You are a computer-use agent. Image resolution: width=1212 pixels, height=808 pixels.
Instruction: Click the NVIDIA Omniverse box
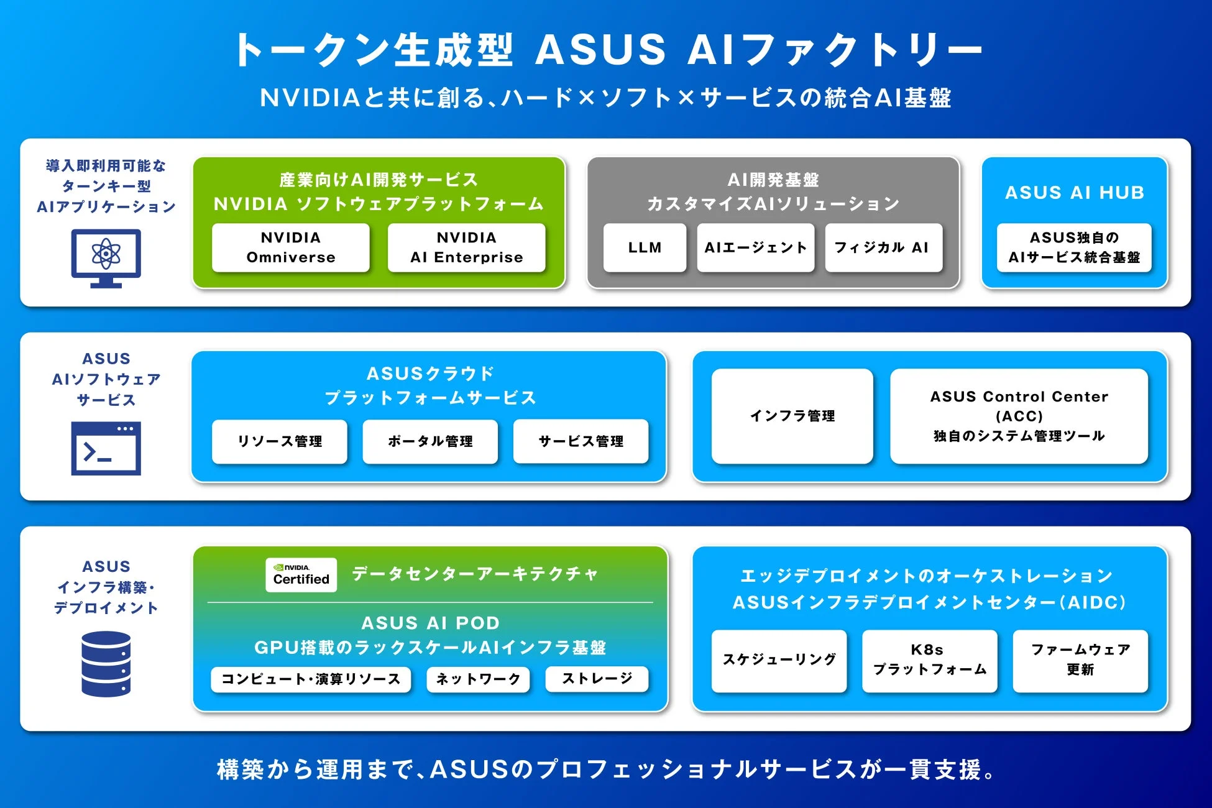point(290,247)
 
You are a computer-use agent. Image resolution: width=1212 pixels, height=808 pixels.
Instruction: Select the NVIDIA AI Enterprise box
point(466,247)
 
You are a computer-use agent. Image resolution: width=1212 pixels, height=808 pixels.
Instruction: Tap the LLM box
point(645,247)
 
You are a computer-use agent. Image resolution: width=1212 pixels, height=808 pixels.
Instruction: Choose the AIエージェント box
point(755,247)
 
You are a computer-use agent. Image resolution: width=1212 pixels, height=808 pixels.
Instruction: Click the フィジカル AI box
point(883,247)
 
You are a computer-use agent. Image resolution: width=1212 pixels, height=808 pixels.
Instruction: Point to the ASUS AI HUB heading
point(1074,193)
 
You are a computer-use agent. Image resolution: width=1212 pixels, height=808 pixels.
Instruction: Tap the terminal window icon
point(106,448)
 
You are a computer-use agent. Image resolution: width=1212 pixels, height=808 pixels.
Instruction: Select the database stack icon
point(106,664)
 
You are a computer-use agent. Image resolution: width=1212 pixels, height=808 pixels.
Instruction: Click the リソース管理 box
point(279,441)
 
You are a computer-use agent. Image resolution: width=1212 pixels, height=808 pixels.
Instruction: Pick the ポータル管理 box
point(430,441)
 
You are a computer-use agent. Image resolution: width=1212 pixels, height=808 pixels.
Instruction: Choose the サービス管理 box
point(581,441)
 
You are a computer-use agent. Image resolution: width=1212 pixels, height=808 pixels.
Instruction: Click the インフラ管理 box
point(792,416)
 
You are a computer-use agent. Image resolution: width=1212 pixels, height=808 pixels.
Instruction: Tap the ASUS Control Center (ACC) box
point(1019,416)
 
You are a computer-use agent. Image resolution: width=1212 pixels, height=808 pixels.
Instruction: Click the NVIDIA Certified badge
point(301,574)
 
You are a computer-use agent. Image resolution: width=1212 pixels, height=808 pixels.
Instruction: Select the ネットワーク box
point(477,679)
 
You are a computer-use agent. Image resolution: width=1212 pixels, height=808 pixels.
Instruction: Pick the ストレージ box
point(597,678)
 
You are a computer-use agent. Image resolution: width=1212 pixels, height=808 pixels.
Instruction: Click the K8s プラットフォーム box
point(929,660)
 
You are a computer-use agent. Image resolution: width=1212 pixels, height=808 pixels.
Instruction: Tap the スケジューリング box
point(779,660)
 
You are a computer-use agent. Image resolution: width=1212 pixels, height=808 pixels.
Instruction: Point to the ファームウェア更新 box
point(1080,660)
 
